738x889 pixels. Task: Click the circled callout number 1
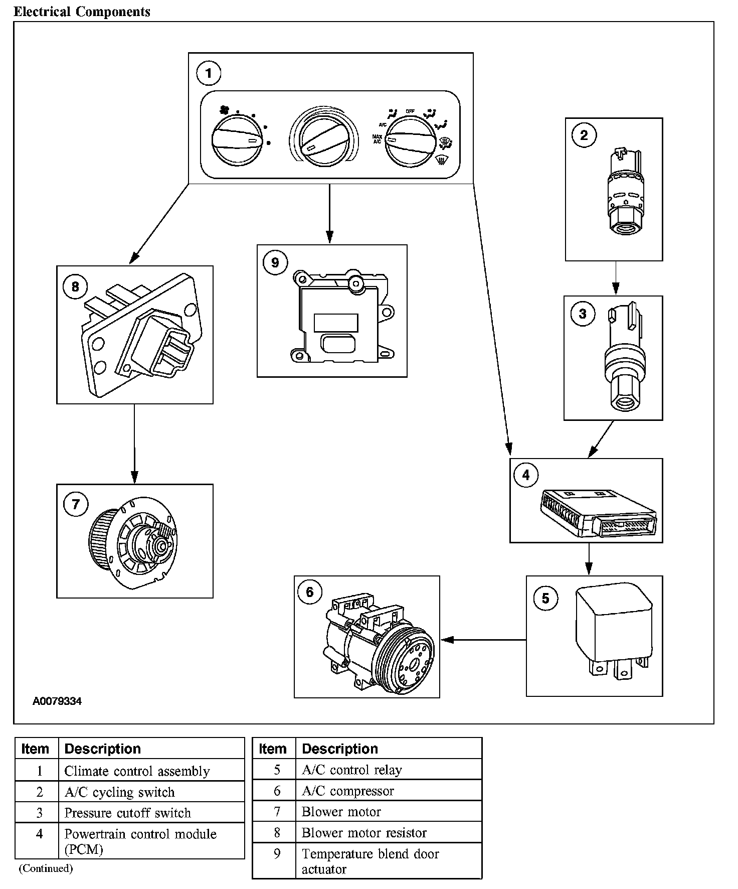tap(209, 74)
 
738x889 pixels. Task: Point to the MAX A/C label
tap(377, 139)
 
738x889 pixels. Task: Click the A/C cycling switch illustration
tap(622, 192)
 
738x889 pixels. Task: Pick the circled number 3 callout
tap(583, 314)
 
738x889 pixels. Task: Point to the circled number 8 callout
tap(75, 286)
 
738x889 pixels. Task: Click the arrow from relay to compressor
tap(483, 640)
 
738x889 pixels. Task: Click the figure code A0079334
tap(57, 701)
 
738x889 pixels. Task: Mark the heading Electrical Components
tap(82, 12)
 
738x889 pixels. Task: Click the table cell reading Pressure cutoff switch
tap(127, 813)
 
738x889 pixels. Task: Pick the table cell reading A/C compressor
tap(347, 791)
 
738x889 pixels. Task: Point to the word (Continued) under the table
tap(46, 868)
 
